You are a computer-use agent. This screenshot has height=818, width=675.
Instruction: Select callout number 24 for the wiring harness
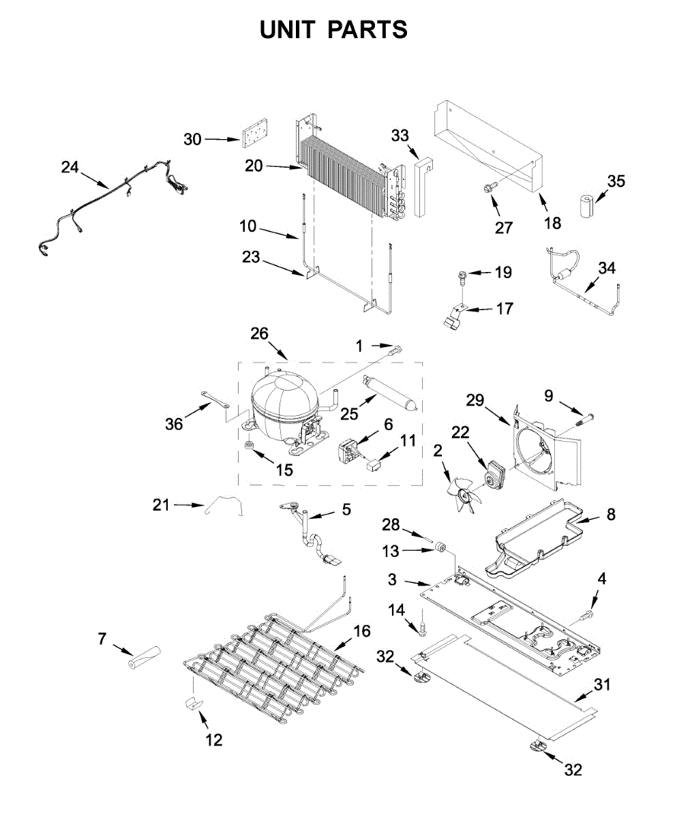coord(70,166)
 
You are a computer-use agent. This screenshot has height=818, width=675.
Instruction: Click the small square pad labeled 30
coord(253,134)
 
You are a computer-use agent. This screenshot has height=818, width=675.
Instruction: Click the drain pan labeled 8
coord(542,535)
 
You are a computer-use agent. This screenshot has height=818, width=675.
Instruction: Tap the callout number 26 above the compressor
coord(259,333)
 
